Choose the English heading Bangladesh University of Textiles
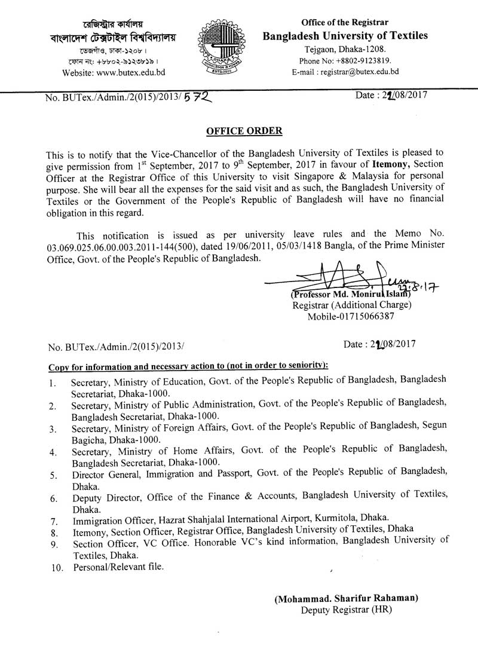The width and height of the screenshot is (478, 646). tap(346, 36)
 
